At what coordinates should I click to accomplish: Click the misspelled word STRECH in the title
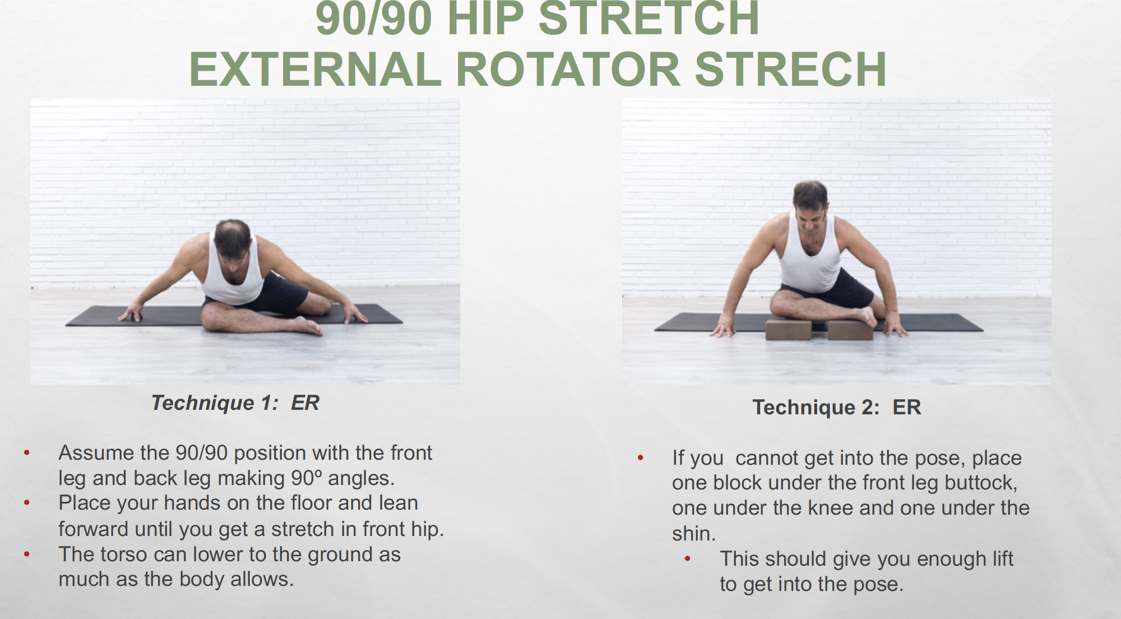point(790,70)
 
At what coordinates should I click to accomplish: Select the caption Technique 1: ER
point(235,403)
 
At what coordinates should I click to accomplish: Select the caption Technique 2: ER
point(836,407)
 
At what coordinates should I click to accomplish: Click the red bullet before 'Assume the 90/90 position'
point(26,452)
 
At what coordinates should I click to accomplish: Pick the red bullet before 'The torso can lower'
point(26,555)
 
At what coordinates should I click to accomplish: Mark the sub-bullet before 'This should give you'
point(688,559)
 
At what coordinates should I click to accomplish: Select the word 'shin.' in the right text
point(694,533)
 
